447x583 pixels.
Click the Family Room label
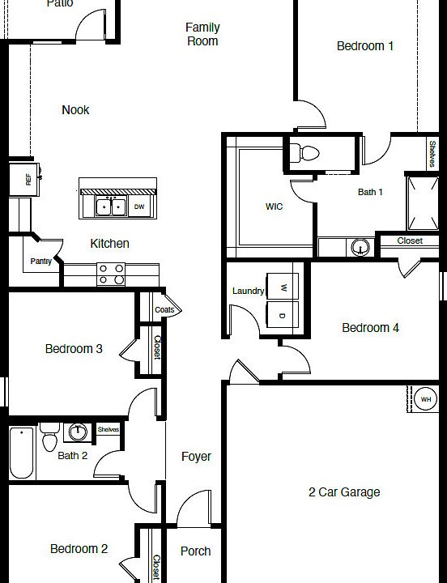(x=202, y=34)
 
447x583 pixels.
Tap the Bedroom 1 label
(x=365, y=46)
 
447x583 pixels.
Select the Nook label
(x=75, y=110)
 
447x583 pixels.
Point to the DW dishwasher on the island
(x=139, y=207)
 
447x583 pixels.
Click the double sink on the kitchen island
(x=111, y=207)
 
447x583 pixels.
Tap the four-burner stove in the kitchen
(x=111, y=274)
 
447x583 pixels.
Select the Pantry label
(x=40, y=262)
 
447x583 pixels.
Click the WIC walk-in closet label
(x=275, y=207)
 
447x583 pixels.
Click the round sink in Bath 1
(x=360, y=246)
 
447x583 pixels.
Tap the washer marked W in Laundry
(x=283, y=287)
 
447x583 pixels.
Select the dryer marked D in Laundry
(x=283, y=315)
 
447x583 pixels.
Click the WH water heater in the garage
(x=426, y=399)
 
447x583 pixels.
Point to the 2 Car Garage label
(x=344, y=492)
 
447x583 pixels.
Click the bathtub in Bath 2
(x=21, y=454)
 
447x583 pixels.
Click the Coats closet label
(x=164, y=310)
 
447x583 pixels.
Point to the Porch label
(x=195, y=551)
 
